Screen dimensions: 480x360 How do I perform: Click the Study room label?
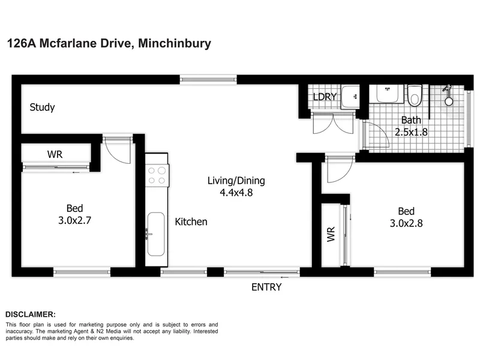click(x=42, y=107)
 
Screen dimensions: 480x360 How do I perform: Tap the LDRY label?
click(x=325, y=97)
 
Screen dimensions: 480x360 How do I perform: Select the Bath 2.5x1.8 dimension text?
click(x=411, y=132)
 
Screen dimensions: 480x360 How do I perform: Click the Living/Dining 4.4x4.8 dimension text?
click(x=236, y=193)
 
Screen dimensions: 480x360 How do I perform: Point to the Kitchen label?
click(x=191, y=221)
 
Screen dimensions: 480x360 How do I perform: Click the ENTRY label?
click(x=266, y=287)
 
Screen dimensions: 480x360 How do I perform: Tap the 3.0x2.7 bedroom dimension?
click(x=74, y=220)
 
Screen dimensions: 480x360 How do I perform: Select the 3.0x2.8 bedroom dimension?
click(x=406, y=223)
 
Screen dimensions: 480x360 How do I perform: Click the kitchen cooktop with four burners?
click(x=157, y=175)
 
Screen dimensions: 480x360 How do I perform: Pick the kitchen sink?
click(x=156, y=234)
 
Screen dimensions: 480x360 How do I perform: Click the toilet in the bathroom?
click(x=415, y=95)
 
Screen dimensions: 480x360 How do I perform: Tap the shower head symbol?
click(x=448, y=95)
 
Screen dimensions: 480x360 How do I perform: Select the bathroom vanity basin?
click(x=387, y=94)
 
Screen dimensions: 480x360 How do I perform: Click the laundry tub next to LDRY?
click(x=350, y=97)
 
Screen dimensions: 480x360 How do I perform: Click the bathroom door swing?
click(x=376, y=135)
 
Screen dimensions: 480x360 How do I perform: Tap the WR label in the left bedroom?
click(x=55, y=154)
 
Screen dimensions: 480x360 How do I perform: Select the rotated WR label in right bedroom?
click(x=331, y=234)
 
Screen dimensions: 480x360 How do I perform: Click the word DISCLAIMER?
click(x=31, y=314)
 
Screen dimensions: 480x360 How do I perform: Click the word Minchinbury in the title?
click(x=175, y=43)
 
